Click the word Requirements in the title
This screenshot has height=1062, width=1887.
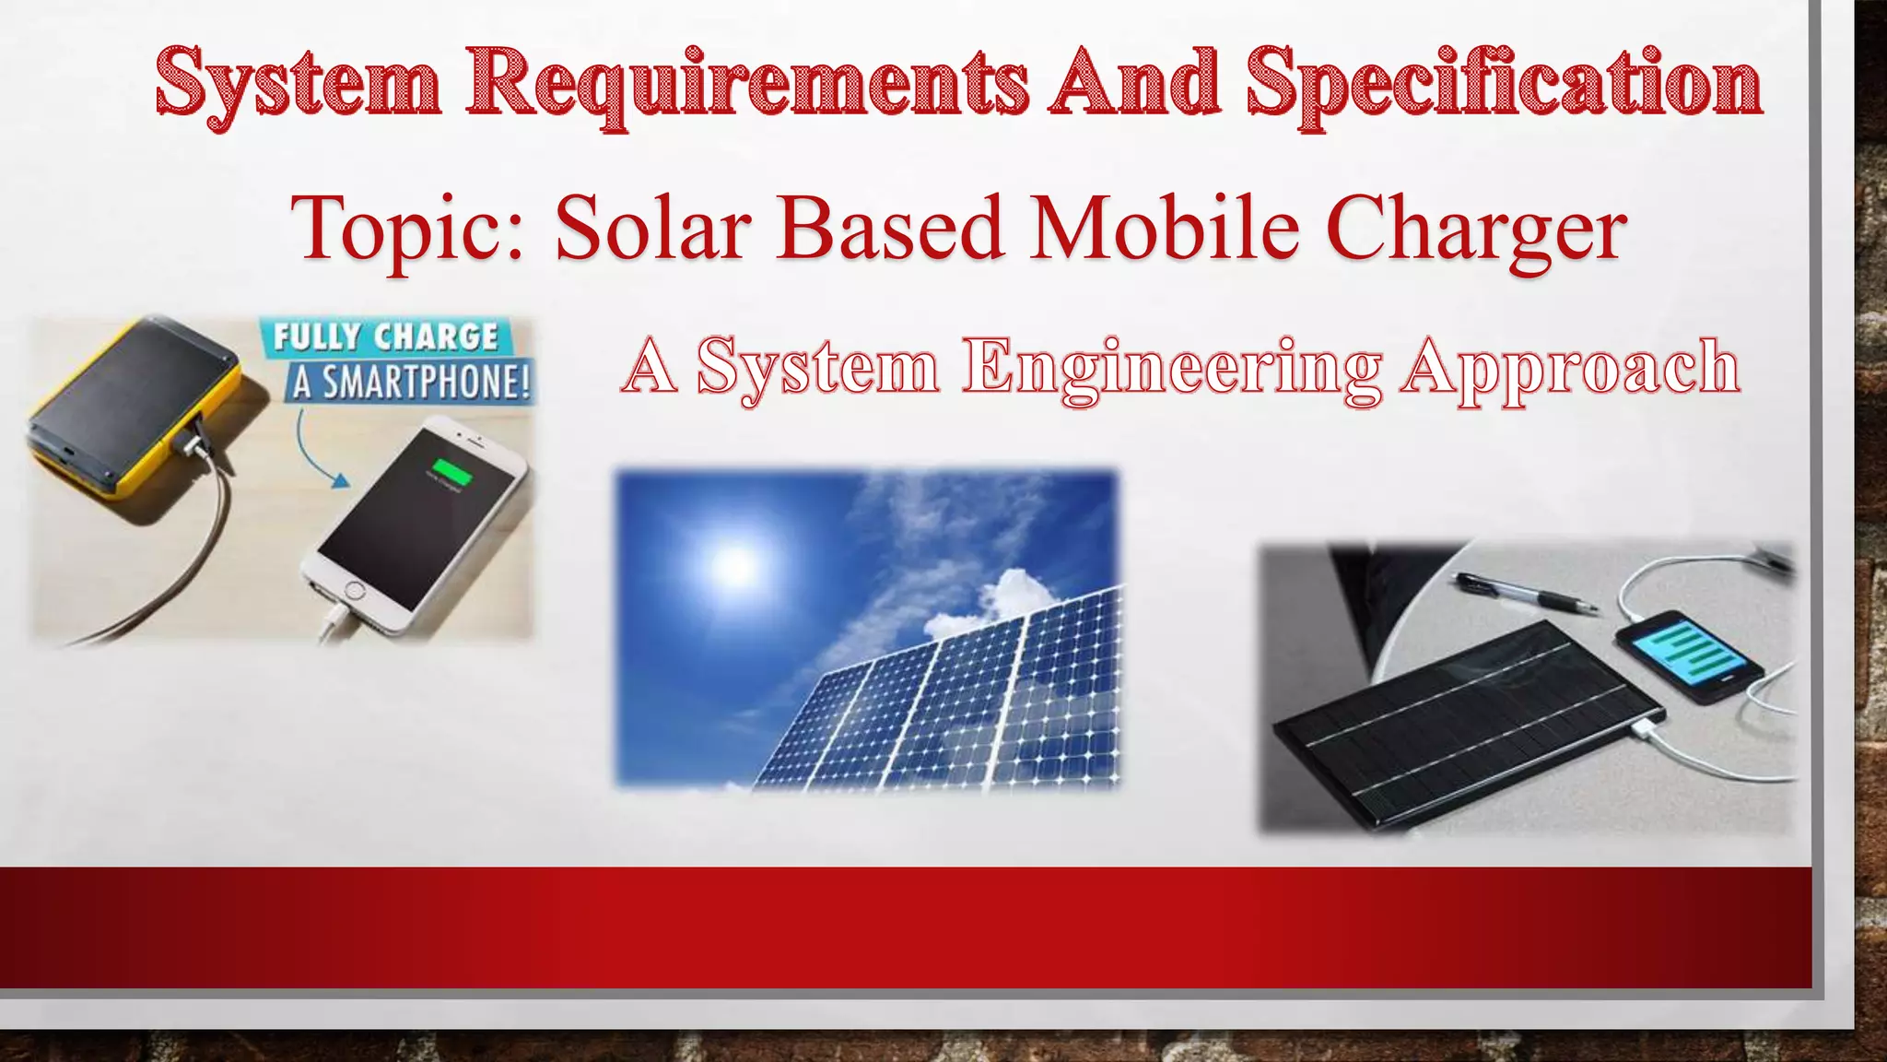[746, 85]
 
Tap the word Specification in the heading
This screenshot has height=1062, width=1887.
[1504, 85]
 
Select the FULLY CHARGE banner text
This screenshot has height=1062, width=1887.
[385, 336]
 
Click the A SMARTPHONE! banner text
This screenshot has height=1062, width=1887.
[411, 382]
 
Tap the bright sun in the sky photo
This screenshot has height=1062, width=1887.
[734, 563]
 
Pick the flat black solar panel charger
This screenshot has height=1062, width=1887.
[1466, 719]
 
